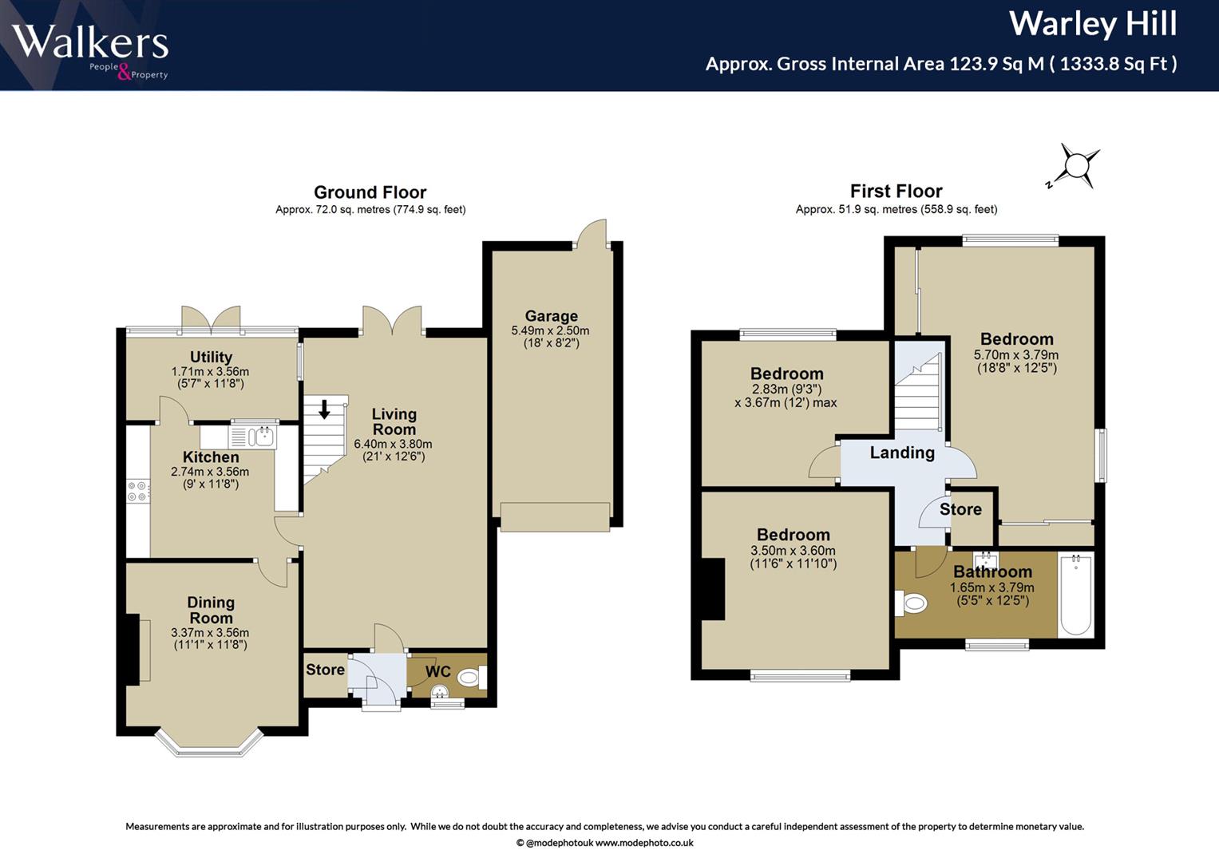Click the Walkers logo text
click(x=89, y=42)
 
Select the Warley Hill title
click(x=1093, y=24)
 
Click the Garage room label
click(x=551, y=315)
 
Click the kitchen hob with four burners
click(x=137, y=490)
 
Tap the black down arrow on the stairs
click(x=324, y=409)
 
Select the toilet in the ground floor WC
click(x=471, y=678)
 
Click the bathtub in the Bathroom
click(x=1075, y=595)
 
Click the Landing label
click(x=902, y=453)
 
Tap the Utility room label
click(x=211, y=357)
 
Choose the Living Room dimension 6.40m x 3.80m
click(x=393, y=444)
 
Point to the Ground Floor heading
click(x=370, y=192)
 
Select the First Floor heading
click(x=896, y=191)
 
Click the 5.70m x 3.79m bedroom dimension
click(x=1016, y=355)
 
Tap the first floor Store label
click(x=960, y=509)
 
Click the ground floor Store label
click(x=325, y=670)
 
